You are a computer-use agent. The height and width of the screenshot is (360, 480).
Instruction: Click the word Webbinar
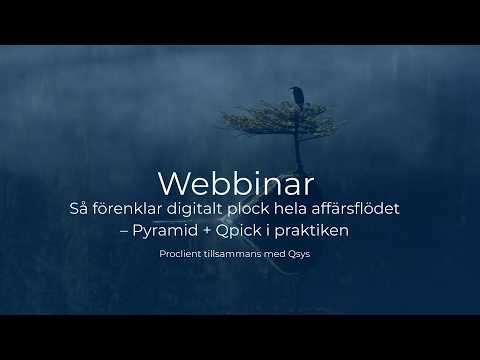point(236,183)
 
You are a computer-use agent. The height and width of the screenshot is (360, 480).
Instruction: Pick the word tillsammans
point(235,254)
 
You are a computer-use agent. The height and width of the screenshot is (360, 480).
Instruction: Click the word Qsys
point(297,254)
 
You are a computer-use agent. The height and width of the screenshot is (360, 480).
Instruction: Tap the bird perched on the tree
point(295,95)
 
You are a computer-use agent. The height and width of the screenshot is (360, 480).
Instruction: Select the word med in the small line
point(273,254)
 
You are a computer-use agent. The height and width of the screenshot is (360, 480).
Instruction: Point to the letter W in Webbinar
point(172,183)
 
